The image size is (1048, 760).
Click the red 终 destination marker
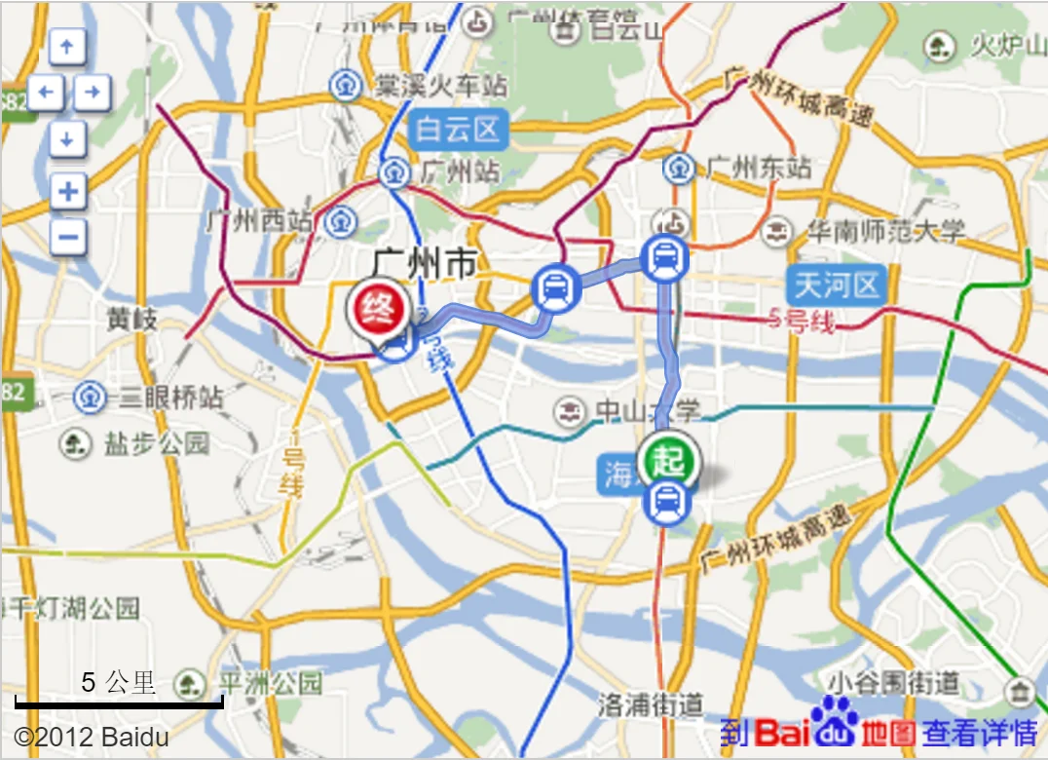click(377, 307)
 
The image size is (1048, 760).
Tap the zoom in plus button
click(67, 191)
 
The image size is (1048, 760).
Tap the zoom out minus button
click(67, 237)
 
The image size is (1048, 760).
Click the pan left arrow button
click(45, 94)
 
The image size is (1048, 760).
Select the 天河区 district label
click(838, 285)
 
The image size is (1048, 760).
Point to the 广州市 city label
click(425, 264)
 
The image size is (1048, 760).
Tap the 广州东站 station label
click(758, 168)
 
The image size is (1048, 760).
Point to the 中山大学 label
click(647, 410)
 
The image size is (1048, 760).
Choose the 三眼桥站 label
click(170, 398)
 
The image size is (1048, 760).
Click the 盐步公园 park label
click(156, 444)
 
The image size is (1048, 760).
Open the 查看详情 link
click(980, 732)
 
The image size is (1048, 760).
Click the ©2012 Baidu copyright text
click(92, 737)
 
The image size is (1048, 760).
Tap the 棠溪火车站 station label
click(441, 85)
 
